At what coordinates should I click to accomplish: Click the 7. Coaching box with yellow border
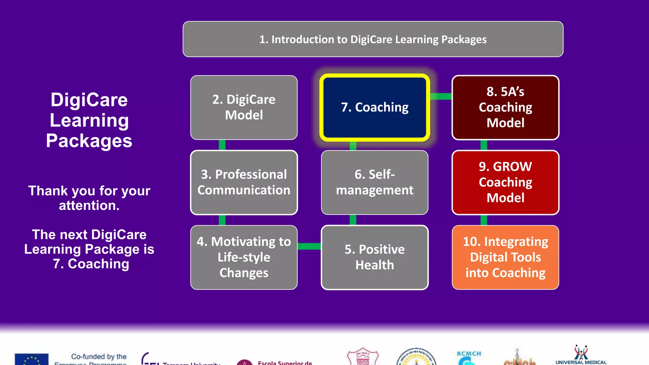point(375,107)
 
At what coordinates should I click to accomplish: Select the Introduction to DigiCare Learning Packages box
point(373,39)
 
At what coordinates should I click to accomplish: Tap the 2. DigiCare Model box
point(244,107)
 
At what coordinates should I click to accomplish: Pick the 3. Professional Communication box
point(244,182)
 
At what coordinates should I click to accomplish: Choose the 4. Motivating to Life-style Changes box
point(244,257)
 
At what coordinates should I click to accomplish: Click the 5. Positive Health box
point(375,257)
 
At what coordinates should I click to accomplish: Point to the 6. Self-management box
point(375,182)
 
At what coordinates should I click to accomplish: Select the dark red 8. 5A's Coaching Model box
point(505,107)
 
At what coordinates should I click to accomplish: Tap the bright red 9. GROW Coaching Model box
point(505,182)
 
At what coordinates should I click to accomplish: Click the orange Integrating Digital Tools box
point(505,257)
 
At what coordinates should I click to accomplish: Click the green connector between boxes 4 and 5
point(309,247)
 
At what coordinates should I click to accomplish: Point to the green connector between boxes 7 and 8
point(441,96)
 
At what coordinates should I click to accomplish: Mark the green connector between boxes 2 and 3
point(222,145)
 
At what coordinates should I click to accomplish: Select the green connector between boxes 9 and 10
point(484,220)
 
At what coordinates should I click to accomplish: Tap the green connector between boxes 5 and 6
point(353,220)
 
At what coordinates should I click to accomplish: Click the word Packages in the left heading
point(89,141)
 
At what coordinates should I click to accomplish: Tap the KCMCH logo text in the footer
point(469,354)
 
